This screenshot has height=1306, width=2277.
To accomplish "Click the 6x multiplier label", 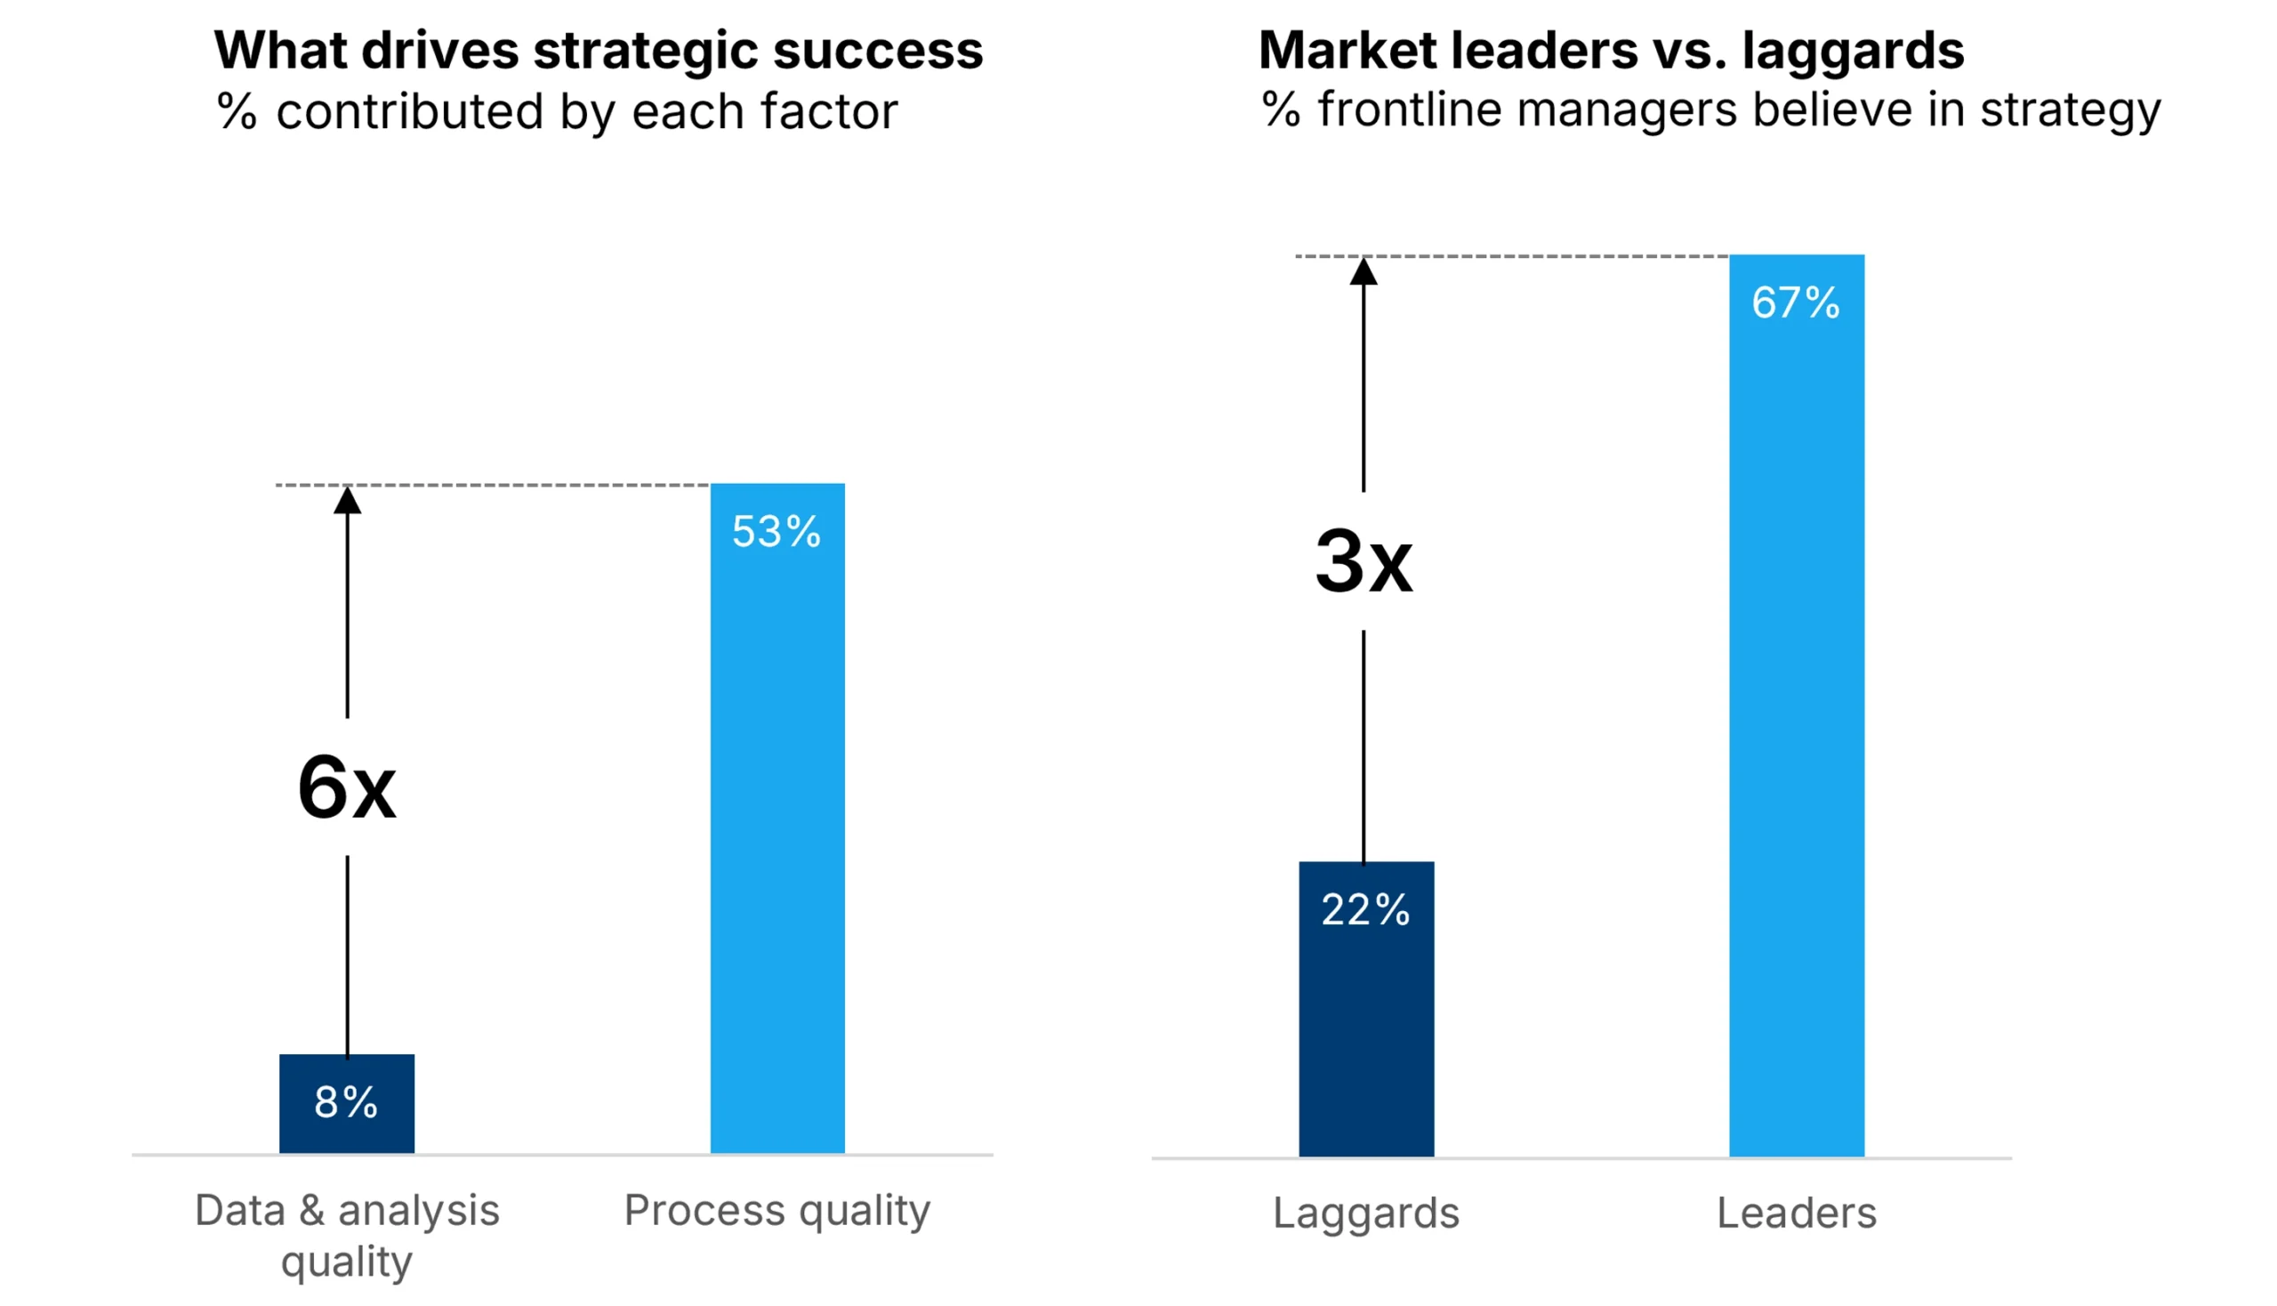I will [346, 787].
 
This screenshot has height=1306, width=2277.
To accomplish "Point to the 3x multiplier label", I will [1364, 562].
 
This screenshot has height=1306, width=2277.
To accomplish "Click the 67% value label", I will [1797, 302].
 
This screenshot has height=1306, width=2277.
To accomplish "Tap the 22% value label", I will [1366, 910].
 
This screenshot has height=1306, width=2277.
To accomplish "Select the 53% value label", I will [776, 531].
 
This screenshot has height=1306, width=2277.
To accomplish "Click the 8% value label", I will [346, 1102].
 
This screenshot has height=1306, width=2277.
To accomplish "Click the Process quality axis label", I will [777, 1210].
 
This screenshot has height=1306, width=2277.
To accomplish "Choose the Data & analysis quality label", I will [347, 1235].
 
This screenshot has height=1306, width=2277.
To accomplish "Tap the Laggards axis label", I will [1366, 1213].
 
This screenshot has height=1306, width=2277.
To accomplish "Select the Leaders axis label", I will [1797, 1213].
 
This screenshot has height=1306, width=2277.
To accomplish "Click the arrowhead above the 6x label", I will [347, 501].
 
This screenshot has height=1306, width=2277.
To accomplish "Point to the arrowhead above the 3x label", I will [1364, 271].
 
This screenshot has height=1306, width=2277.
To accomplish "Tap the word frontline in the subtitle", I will [1409, 110].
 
